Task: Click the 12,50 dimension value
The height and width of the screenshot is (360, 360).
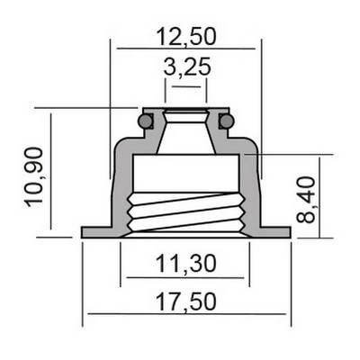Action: [x=186, y=37]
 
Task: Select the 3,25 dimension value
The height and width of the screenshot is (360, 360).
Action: [x=187, y=67]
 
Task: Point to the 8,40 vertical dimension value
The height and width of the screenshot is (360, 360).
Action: [x=306, y=200]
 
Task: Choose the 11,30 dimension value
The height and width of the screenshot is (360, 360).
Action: [x=186, y=264]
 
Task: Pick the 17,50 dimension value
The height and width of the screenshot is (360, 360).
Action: [x=186, y=302]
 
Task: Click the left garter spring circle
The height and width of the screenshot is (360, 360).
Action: [x=145, y=121]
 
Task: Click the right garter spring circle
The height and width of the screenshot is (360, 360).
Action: [x=227, y=121]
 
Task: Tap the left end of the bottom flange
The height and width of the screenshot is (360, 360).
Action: [x=82, y=232]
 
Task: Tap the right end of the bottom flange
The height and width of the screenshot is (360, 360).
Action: [x=291, y=232]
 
